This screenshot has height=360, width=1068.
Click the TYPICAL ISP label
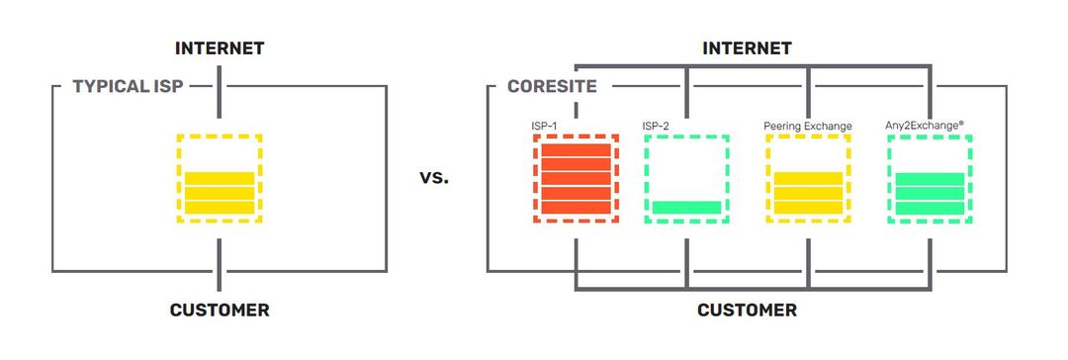(x=129, y=87)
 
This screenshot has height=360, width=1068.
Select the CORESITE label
(x=552, y=87)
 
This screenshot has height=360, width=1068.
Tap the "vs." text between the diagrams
(x=433, y=179)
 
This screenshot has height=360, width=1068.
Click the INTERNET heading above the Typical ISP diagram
(x=220, y=47)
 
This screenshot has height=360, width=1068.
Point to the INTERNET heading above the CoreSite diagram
(x=747, y=47)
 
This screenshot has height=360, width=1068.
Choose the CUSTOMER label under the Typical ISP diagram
(x=220, y=311)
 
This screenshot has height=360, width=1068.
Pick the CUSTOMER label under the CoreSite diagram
(x=747, y=311)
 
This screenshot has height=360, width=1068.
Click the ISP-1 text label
(x=546, y=126)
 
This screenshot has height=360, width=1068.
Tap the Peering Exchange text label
(x=807, y=126)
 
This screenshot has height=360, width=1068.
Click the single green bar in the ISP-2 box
(x=686, y=207)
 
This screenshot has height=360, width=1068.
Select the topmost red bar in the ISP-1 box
(x=576, y=150)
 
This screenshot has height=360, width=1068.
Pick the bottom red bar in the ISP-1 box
(x=576, y=207)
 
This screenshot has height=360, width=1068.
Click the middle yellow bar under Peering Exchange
(x=808, y=193)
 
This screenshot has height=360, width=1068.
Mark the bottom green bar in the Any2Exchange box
(x=930, y=207)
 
